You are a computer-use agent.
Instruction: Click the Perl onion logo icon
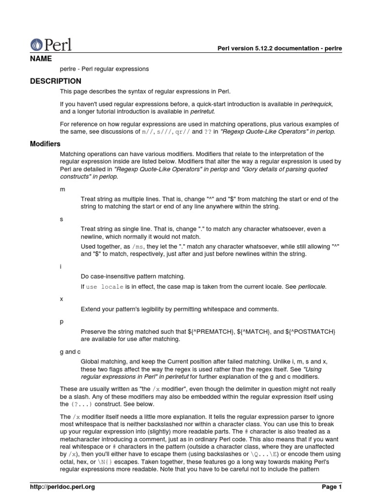[37, 45]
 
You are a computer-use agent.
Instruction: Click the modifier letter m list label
[62, 189]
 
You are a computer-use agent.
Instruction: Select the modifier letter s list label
[62, 219]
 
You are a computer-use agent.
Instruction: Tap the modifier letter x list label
[62, 299]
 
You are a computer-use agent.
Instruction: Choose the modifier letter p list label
[62, 321]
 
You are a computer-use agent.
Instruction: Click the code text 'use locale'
[105, 287]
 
